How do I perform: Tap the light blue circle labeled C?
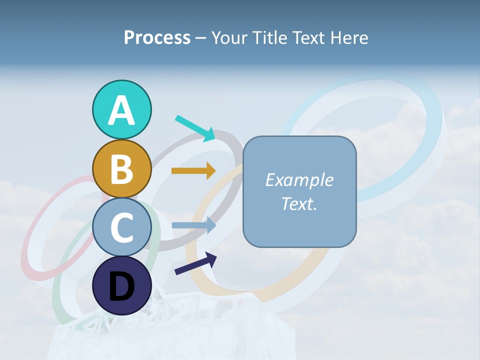(121, 227)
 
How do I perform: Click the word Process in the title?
(157, 38)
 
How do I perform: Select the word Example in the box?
(299, 180)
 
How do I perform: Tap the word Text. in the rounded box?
(299, 203)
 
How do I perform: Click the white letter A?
(121, 111)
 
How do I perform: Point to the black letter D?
(121, 287)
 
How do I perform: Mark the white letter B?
(121, 169)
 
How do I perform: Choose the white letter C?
(121, 228)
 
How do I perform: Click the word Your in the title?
(228, 38)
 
